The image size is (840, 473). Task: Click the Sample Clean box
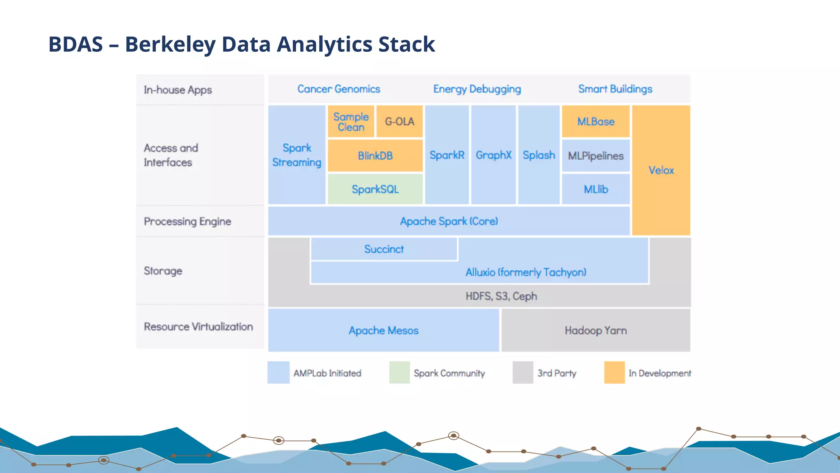click(x=351, y=122)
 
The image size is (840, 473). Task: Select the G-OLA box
click(x=399, y=122)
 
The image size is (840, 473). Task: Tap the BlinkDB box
click(x=375, y=156)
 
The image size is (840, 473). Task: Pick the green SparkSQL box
click(x=375, y=189)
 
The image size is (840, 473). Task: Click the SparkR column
click(x=447, y=155)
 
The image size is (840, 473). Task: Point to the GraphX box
click(x=493, y=155)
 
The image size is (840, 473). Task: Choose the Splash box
click(x=539, y=155)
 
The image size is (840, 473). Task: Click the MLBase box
click(x=596, y=122)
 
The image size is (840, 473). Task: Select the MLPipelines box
click(x=596, y=156)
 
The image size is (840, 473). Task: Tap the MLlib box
click(x=596, y=189)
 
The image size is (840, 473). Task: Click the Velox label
click(x=661, y=170)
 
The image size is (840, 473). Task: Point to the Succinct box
click(x=384, y=249)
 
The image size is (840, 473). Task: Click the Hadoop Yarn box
click(x=596, y=330)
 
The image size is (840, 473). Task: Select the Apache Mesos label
click(x=383, y=331)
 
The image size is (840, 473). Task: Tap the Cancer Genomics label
click(x=339, y=89)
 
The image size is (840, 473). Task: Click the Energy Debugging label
click(x=477, y=89)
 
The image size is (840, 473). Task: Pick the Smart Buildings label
click(x=615, y=89)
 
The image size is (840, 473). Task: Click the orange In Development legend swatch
click(x=614, y=372)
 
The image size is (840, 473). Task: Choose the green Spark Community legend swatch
click(x=399, y=372)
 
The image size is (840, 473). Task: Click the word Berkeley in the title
click(x=170, y=44)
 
